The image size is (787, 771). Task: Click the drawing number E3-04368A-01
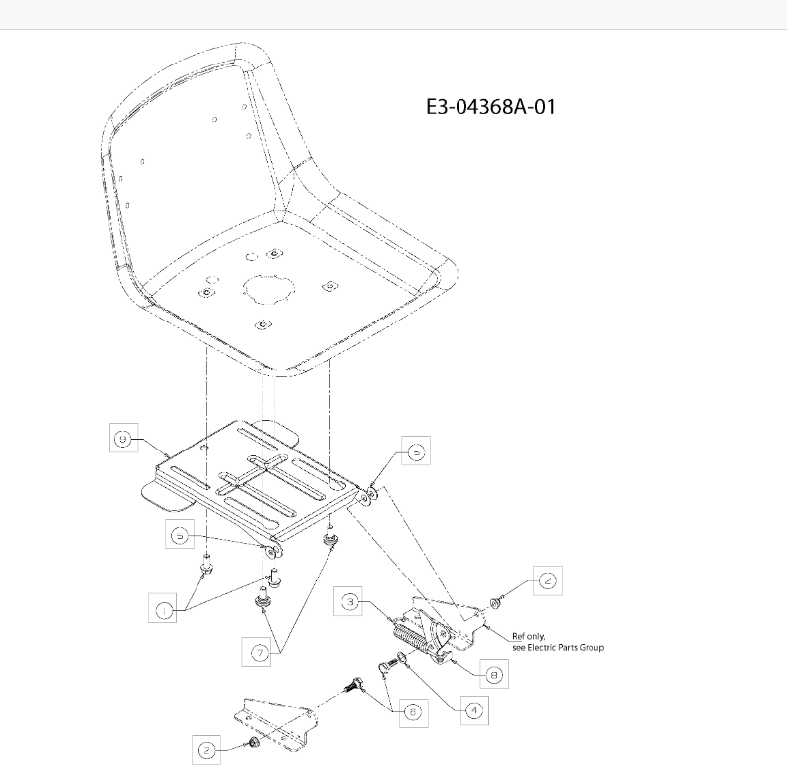click(490, 107)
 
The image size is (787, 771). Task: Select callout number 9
click(123, 439)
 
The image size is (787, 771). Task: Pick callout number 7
click(259, 653)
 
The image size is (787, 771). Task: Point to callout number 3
click(349, 602)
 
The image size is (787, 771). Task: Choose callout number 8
click(494, 674)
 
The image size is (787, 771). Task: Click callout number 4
click(474, 710)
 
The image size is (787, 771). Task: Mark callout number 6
click(414, 712)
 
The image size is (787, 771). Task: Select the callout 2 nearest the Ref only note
click(548, 581)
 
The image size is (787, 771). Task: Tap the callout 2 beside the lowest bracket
click(206, 750)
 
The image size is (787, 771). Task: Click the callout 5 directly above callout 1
click(180, 535)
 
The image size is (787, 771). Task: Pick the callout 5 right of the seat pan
click(416, 451)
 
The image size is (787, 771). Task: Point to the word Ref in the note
click(519, 636)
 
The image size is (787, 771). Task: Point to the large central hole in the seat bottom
click(270, 289)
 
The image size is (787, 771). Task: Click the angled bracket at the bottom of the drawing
click(276, 725)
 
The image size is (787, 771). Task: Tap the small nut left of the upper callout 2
click(495, 602)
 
